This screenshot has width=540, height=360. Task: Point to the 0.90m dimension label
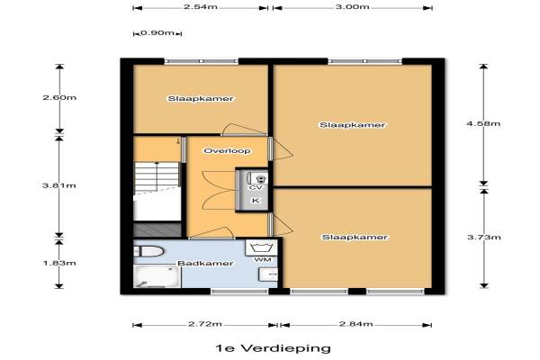click(157, 33)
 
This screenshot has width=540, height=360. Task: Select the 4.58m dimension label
click(483, 123)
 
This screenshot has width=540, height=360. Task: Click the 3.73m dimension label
click(483, 237)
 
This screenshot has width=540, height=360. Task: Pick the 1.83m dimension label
click(59, 263)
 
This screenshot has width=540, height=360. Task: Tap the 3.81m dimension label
click(59, 185)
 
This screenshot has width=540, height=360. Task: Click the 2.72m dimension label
click(205, 324)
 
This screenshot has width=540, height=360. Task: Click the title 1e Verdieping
click(273, 348)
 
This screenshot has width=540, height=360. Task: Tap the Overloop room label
click(228, 150)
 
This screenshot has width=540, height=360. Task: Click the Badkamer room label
click(205, 263)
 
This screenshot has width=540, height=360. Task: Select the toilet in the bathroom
click(148, 251)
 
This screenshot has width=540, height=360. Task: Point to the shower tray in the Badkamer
click(157, 276)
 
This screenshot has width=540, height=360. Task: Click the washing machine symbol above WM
click(261, 247)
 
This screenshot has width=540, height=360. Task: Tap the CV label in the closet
click(256, 187)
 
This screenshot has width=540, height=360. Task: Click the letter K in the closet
click(256, 200)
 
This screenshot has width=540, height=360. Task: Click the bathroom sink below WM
click(268, 274)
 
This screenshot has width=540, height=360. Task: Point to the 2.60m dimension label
click(59, 97)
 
